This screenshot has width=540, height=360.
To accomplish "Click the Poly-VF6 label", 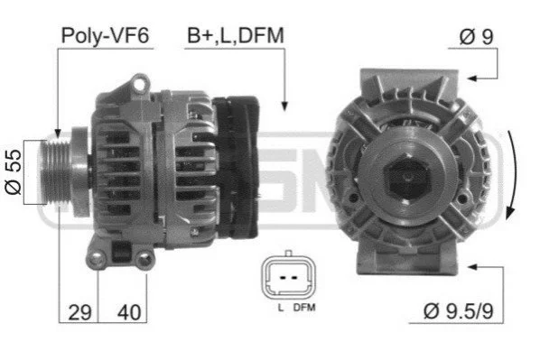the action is (x=105, y=35).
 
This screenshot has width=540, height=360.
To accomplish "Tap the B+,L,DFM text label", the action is (x=236, y=35).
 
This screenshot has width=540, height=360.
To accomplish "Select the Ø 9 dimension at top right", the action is (x=476, y=36).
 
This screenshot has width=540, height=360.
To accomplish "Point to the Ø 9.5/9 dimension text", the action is (x=458, y=310).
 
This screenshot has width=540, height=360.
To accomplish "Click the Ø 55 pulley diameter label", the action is (x=14, y=172).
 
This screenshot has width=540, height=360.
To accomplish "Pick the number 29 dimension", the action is (x=79, y=312).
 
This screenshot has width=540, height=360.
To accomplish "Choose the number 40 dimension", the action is (x=129, y=312).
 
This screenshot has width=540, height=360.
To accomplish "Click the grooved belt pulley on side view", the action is (x=55, y=171).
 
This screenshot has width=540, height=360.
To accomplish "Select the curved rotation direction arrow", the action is (x=514, y=176).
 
